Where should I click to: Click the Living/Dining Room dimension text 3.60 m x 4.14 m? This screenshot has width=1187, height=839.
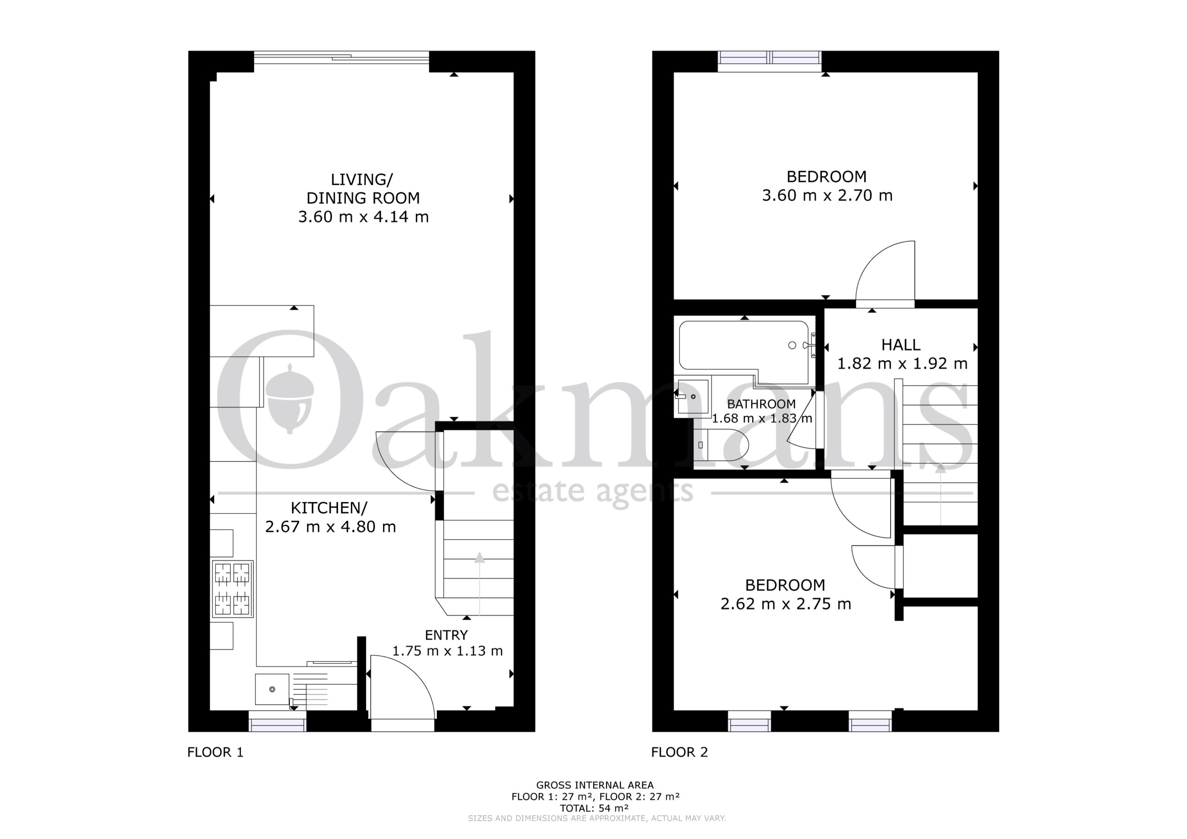click(x=364, y=216)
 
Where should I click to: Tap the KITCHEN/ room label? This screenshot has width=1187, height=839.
click(x=329, y=508)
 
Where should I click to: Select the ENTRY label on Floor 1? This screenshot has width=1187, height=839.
click(x=446, y=635)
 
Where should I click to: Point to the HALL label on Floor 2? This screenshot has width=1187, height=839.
click(x=900, y=345)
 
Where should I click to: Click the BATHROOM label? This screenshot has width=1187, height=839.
click(x=761, y=404)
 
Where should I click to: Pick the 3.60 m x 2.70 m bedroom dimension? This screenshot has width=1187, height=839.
click(x=827, y=196)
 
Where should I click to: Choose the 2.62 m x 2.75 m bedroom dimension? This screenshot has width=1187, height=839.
click(x=786, y=604)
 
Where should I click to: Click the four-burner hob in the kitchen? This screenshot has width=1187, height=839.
click(x=233, y=589)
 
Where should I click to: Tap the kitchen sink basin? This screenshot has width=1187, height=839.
click(x=272, y=689)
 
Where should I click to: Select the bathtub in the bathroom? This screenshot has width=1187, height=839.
click(x=745, y=351)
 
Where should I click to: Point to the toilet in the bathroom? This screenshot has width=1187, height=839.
click(x=720, y=445)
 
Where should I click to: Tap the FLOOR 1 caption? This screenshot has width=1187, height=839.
click(x=215, y=752)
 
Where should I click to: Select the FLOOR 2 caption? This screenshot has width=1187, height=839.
click(x=679, y=752)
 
